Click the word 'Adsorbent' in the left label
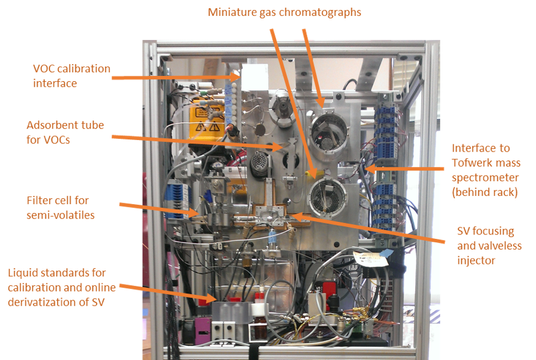[x=54, y=124]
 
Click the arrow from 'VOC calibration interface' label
[x=178, y=77]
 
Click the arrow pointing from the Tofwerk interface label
[x=406, y=169]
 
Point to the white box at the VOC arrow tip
[x=252, y=80]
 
